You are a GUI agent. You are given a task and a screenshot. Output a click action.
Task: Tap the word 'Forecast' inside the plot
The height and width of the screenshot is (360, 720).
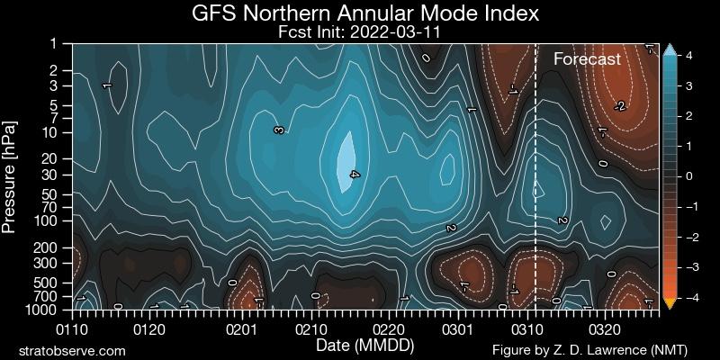587,59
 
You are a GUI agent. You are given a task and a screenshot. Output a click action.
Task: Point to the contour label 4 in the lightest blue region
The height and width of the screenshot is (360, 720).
354,175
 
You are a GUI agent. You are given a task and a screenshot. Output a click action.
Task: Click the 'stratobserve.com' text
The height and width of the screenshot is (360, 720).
72,349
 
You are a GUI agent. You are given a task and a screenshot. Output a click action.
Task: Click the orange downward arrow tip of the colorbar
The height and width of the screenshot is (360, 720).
669,305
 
